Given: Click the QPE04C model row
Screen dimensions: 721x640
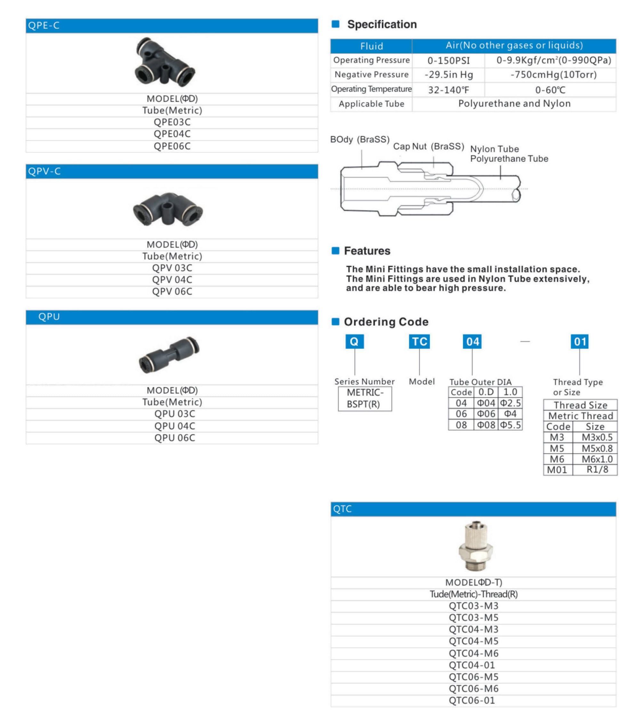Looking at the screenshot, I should click(x=172, y=134).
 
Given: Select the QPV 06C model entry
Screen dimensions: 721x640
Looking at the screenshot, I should click(x=172, y=292).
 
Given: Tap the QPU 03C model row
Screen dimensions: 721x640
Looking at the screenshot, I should click(x=174, y=414).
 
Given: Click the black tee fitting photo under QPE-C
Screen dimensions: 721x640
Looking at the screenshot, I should click(x=164, y=62).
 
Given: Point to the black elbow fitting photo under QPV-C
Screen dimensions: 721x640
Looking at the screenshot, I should click(x=168, y=209).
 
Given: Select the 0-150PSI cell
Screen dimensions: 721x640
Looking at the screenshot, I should click(x=449, y=61).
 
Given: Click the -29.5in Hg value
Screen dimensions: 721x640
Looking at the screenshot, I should click(x=449, y=75).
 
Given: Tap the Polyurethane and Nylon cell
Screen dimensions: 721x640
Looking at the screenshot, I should click(x=514, y=104).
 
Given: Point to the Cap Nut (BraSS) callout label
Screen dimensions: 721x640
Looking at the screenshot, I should click(x=428, y=146).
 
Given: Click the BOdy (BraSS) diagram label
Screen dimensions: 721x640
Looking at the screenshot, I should click(x=360, y=140).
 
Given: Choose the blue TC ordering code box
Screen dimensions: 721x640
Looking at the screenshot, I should click(x=419, y=342).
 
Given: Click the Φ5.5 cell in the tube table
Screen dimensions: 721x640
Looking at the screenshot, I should click(x=510, y=425).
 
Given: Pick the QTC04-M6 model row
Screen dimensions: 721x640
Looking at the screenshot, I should click(x=474, y=654).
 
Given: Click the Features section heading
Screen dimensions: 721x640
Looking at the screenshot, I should click(x=367, y=251).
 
